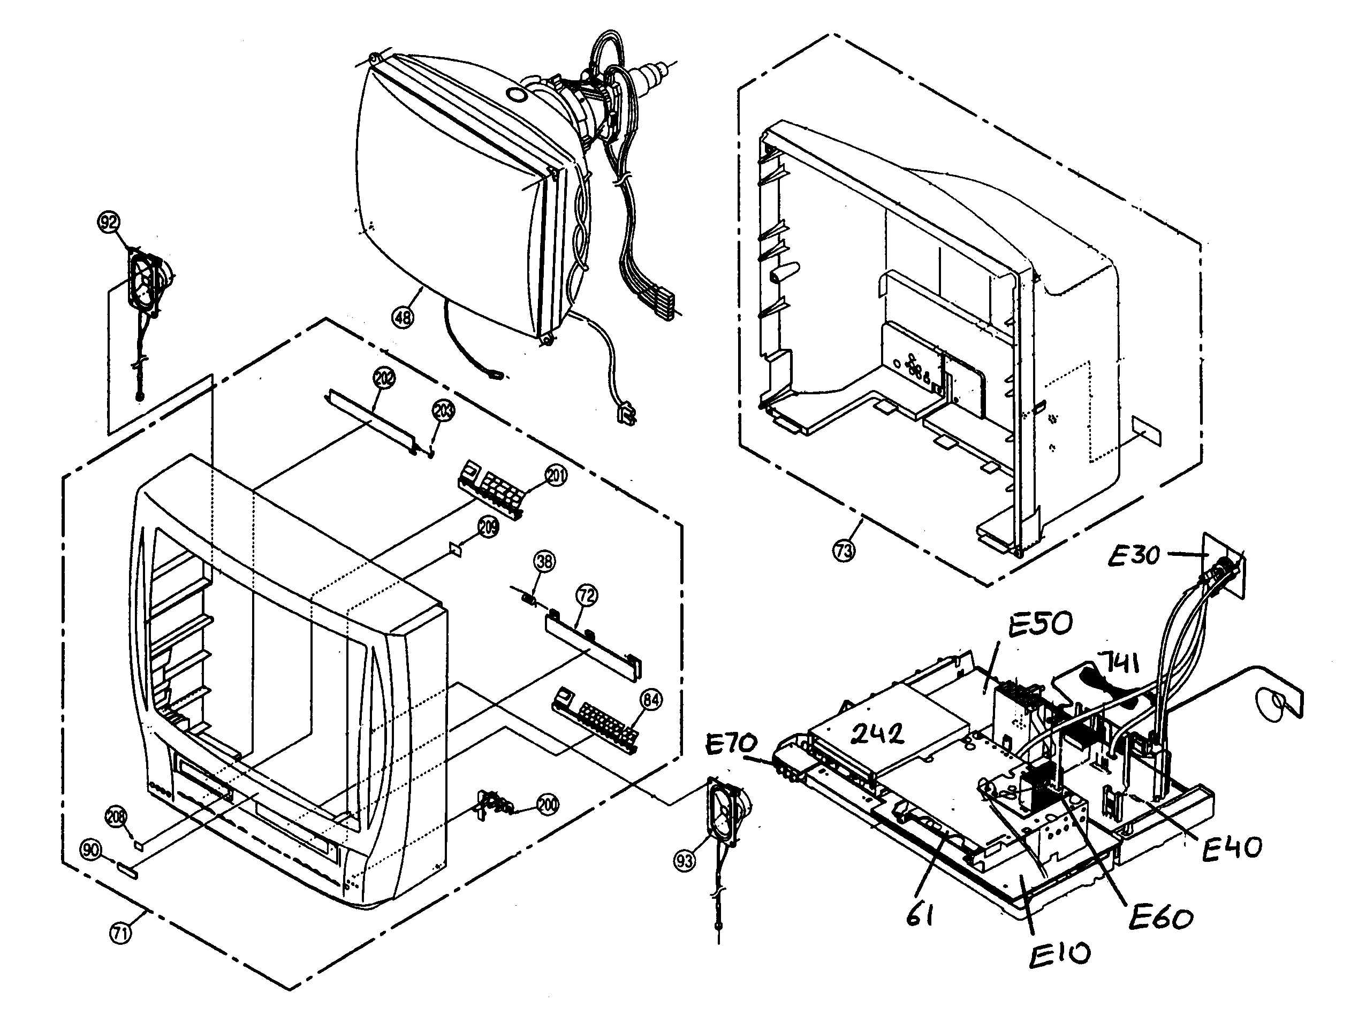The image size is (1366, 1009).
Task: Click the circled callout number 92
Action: (x=109, y=223)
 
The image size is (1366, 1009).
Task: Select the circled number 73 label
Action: (x=844, y=551)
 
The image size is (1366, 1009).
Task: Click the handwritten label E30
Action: (x=1133, y=556)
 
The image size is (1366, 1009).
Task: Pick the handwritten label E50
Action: (x=1040, y=625)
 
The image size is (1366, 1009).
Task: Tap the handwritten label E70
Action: (x=731, y=744)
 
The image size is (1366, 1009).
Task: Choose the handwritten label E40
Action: (x=1232, y=849)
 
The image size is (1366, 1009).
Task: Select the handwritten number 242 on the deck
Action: (x=877, y=734)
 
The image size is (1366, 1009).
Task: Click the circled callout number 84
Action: (x=651, y=700)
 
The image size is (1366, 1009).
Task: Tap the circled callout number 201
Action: (x=556, y=475)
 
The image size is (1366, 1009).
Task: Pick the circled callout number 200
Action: (x=548, y=805)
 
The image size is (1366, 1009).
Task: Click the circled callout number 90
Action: (x=92, y=850)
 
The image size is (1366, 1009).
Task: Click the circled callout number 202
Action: (x=384, y=378)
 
